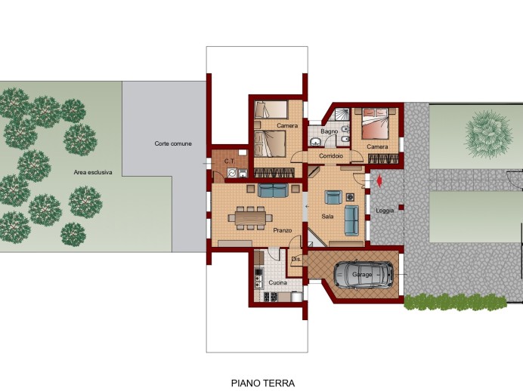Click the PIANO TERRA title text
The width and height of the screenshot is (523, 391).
(x=263, y=383)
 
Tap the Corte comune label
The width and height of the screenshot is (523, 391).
(x=173, y=143)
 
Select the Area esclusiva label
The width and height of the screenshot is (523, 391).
(x=93, y=172)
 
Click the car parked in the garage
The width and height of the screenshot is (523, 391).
(x=364, y=275)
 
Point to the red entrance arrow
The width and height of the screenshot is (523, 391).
(x=379, y=181)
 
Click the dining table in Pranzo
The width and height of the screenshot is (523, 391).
(x=250, y=218)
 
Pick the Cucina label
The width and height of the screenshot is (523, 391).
(x=278, y=282)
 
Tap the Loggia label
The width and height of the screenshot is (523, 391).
(x=385, y=211)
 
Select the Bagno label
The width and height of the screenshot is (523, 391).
(x=330, y=131)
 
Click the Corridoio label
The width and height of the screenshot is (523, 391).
(x=331, y=155)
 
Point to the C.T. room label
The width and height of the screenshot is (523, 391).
(x=230, y=162)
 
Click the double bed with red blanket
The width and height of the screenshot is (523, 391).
(x=375, y=124)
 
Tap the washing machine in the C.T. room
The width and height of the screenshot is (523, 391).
(x=232, y=173)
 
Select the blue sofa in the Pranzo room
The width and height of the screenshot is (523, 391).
(x=273, y=190)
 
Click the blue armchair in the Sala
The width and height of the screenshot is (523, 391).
(x=333, y=197)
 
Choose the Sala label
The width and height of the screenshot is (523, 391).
(x=327, y=217)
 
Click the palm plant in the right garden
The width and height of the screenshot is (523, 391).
(x=488, y=134)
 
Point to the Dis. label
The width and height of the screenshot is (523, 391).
(x=296, y=259)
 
